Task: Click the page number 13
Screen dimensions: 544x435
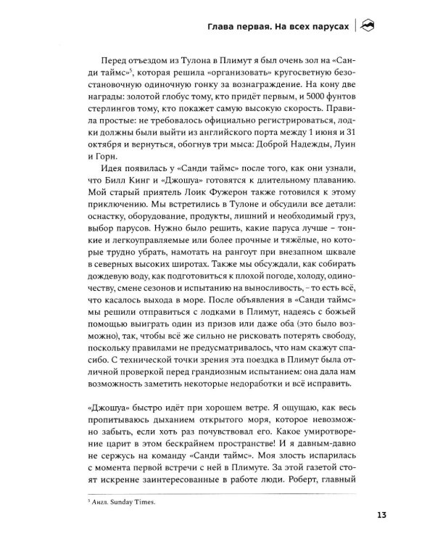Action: pos(383,516)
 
